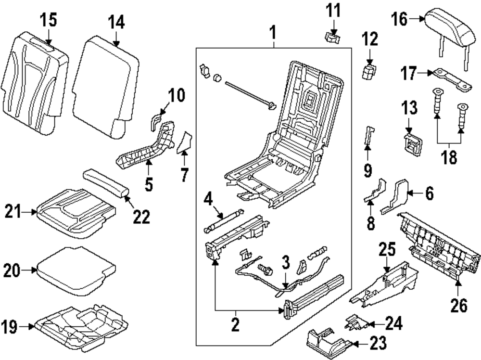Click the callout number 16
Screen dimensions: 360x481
(400, 20)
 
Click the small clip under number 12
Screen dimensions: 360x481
(369, 73)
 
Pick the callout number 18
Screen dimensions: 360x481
(449, 158)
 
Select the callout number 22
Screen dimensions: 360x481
(142, 218)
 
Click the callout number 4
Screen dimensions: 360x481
(208, 198)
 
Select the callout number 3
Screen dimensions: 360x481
(285, 263)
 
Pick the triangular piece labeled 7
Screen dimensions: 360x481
(185, 142)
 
